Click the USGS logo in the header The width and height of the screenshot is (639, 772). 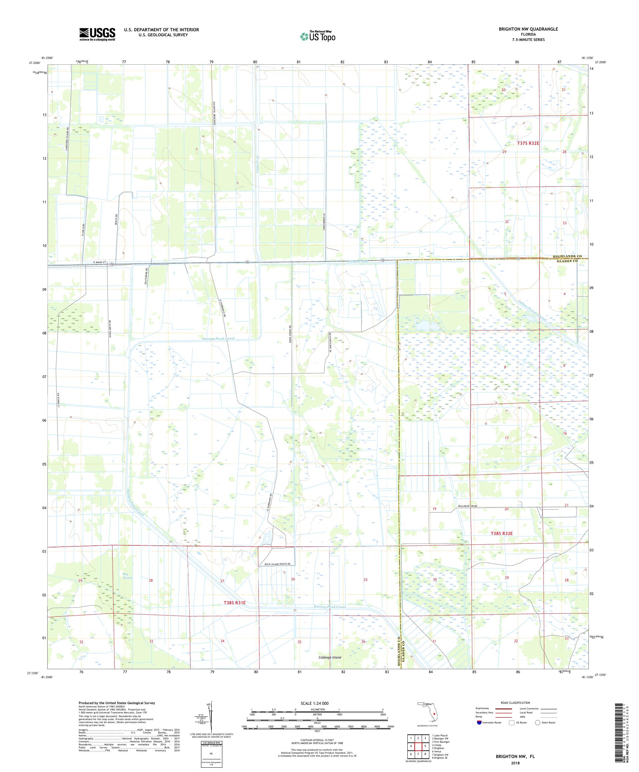point(97,34)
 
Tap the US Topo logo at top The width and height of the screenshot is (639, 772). point(318,36)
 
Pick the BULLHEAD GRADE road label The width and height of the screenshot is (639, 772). point(467,506)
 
